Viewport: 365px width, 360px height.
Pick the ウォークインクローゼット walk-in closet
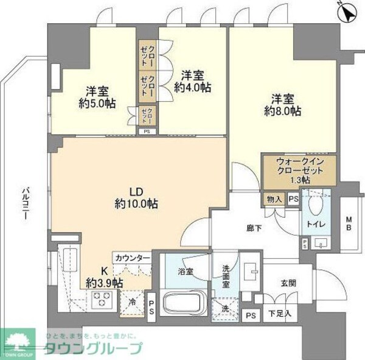click(298, 171)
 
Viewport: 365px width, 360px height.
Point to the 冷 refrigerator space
click(130, 302)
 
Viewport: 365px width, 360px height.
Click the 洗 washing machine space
click(224, 308)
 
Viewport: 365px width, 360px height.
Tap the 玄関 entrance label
click(288, 283)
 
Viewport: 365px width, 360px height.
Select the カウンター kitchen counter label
click(131, 258)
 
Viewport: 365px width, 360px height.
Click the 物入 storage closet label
click(273, 199)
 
